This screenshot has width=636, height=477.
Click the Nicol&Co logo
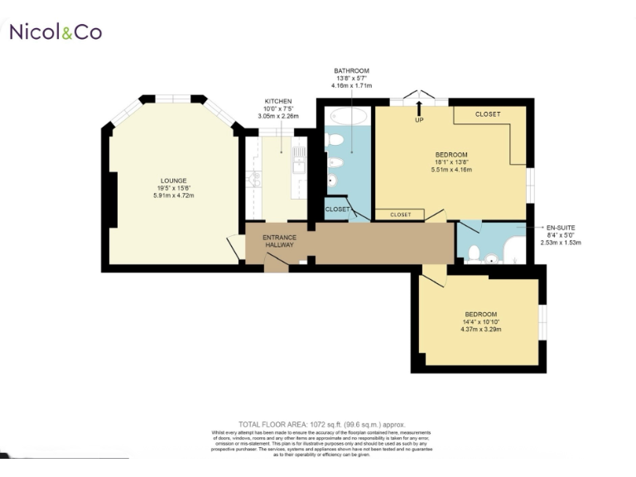tap(55, 31)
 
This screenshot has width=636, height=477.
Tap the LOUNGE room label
tap(174, 181)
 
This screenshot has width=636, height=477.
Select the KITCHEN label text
tap(277, 101)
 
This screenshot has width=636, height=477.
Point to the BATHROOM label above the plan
tap(351, 71)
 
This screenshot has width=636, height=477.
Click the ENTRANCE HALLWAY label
tap(279, 241)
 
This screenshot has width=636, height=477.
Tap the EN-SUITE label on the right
tap(561, 227)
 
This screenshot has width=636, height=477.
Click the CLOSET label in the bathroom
tap(337, 210)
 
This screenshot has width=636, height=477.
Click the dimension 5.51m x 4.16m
tap(451, 171)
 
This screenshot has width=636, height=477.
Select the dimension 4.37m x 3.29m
tap(480, 330)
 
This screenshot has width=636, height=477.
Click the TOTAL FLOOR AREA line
tap(321, 424)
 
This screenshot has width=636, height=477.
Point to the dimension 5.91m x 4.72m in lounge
tap(174, 195)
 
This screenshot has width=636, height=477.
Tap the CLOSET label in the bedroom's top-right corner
tap(488, 114)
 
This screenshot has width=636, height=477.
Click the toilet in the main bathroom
tap(334, 138)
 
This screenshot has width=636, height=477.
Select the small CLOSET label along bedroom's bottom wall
tap(400, 214)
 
